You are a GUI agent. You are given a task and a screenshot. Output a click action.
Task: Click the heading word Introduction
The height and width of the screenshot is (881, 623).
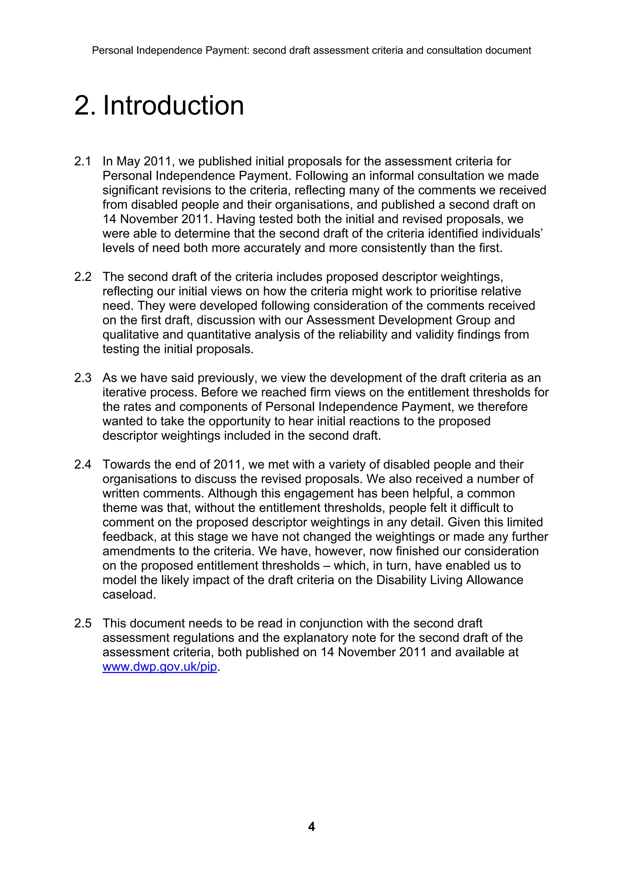[173, 105]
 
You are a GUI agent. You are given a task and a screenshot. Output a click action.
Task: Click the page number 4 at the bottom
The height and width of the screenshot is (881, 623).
[311, 826]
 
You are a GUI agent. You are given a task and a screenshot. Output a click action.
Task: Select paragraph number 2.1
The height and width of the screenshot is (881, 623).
[82, 161]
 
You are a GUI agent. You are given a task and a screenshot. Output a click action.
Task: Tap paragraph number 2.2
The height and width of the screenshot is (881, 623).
[82, 277]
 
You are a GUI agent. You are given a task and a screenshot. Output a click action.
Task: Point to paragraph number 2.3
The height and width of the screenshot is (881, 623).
[82, 378]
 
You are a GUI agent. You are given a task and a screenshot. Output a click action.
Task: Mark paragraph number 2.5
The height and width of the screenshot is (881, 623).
[82, 623]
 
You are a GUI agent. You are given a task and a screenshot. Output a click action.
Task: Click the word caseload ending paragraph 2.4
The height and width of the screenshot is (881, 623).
[129, 594]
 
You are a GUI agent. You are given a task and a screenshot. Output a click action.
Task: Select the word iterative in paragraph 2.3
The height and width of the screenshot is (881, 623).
[124, 392]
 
